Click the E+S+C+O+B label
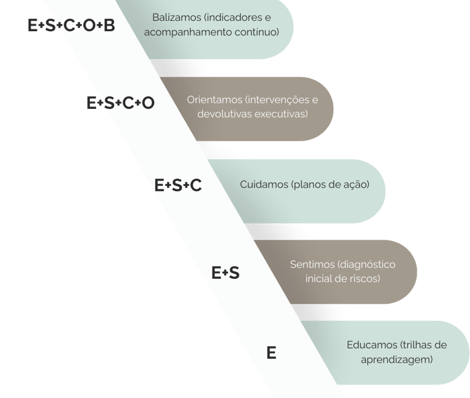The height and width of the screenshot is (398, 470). point(71,26)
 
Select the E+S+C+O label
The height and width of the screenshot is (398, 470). point(121,103)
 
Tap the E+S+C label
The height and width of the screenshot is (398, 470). point(178,185)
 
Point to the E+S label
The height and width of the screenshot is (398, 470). point(225,273)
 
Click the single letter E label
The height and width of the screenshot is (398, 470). point(272,353)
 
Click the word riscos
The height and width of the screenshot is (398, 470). point(366,279)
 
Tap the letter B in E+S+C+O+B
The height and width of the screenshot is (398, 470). point(109,26)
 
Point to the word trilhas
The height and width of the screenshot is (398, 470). point(418,345)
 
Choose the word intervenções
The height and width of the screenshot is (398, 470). point(275,99)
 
